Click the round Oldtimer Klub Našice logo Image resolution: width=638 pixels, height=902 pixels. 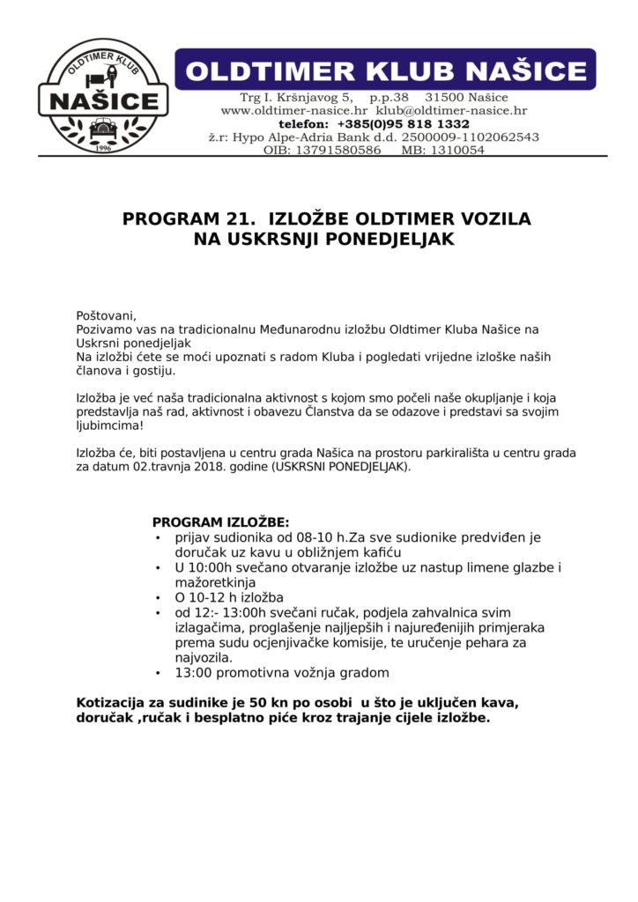coord(103,96)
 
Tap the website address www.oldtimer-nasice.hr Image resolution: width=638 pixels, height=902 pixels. coord(293,111)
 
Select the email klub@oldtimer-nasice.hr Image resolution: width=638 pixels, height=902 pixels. coord(451,111)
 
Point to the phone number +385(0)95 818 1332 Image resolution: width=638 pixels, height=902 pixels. coord(403,124)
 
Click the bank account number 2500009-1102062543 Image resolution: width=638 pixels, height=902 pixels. coord(470,137)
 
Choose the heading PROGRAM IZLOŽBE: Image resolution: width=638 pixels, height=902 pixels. coord(220,522)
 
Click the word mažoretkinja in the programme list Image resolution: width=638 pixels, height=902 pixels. coord(215,582)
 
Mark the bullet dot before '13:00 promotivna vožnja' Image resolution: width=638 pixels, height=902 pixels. coord(158,673)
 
